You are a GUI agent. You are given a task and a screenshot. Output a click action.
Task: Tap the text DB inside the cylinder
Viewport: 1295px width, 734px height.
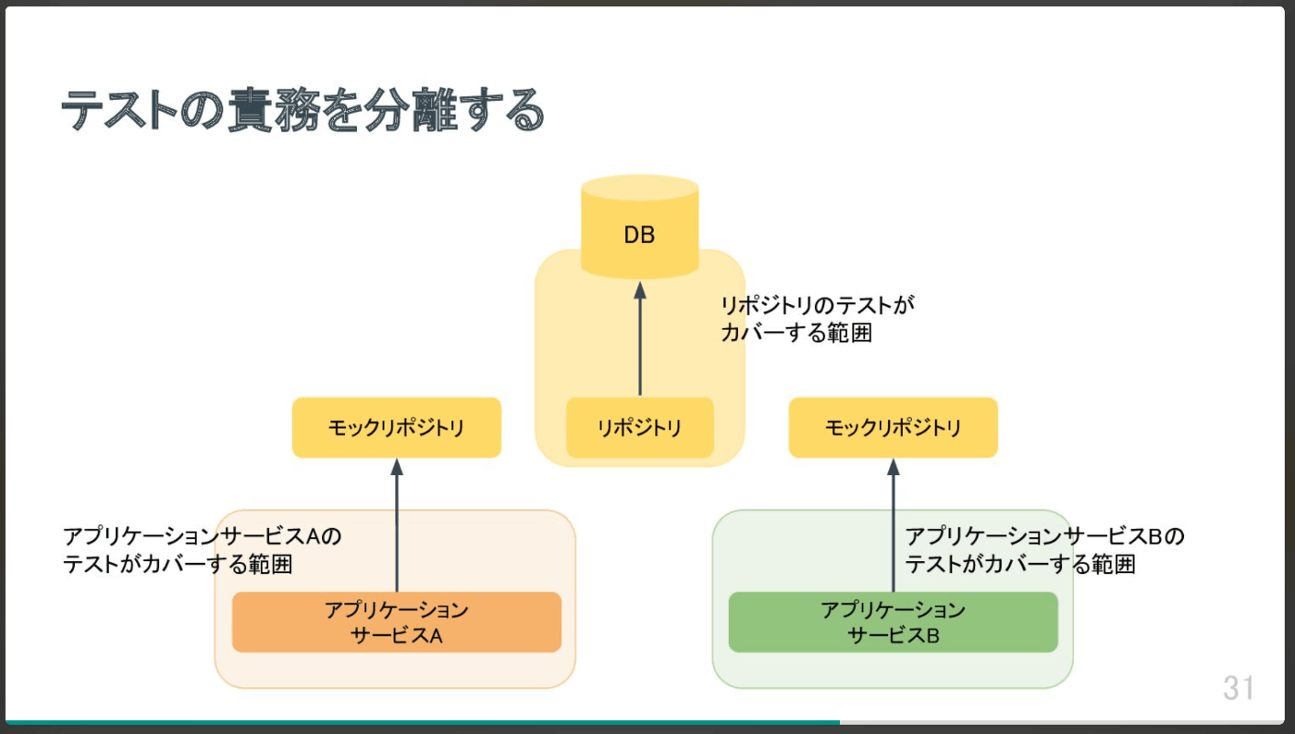pos(639,235)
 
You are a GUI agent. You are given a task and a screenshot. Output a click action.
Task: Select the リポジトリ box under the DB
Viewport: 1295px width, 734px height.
pos(639,428)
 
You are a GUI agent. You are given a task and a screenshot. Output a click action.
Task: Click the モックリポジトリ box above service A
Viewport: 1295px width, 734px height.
pos(397,428)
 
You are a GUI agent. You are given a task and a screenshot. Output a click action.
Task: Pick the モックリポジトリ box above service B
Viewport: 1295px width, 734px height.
pos(893,428)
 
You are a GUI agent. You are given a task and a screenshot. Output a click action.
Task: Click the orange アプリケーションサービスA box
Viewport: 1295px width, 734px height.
pos(397,622)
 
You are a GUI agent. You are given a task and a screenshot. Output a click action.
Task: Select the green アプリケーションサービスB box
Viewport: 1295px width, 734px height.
pos(893,622)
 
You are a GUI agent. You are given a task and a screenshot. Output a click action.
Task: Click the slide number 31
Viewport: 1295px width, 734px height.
pos(1239,688)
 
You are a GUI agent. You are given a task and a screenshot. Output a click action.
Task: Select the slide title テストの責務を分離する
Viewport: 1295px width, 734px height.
pos(303,112)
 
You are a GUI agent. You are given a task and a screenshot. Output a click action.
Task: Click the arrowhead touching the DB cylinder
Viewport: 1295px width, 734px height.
pos(639,290)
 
